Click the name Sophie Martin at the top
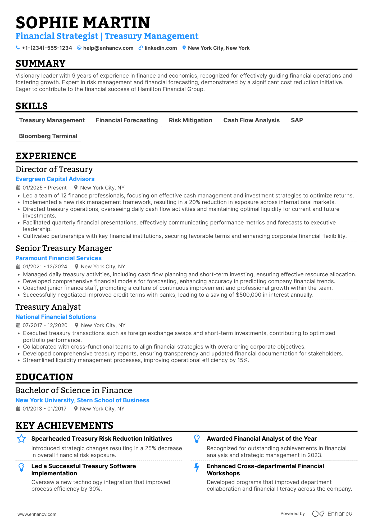(83, 23)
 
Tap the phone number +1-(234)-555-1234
(47, 48)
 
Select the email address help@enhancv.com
(108, 48)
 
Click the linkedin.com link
(161, 48)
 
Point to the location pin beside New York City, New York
(184, 48)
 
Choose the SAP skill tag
(297, 120)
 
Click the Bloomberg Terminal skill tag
(48, 136)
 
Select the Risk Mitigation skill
(190, 120)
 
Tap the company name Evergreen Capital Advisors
(55, 179)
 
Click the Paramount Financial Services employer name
(58, 258)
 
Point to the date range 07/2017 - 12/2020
(45, 325)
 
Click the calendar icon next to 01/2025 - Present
(18, 188)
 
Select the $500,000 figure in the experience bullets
(248, 295)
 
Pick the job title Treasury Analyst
(48, 307)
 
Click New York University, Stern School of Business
(82, 400)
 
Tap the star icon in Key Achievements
(21, 439)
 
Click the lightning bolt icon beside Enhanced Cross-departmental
(197, 468)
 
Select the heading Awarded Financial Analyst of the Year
(262, 439)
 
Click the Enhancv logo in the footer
(332, 514)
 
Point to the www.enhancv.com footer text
(37, 514)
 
